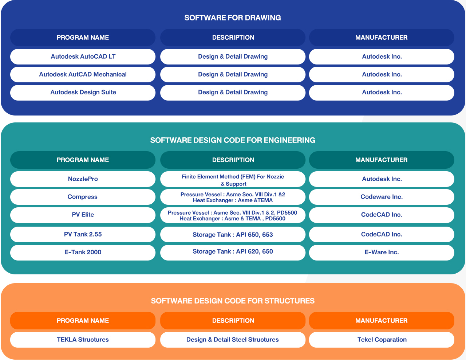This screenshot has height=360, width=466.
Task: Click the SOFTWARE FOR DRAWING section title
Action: (233, 18)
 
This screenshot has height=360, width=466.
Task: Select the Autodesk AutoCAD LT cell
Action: (83, 56)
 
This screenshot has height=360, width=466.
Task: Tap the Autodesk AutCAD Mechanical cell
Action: (83, 74)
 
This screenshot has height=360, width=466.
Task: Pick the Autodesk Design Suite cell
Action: (83, 93)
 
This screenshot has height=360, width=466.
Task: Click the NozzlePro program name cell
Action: (83, 179)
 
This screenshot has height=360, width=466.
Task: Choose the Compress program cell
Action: (83, 197)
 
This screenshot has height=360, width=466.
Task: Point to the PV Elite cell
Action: (83, 215)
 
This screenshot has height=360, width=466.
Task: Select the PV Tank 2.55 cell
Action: (83, 235)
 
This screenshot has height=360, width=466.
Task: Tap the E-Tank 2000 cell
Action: (83, 253)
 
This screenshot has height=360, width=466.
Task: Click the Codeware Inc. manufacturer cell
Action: (382, 197)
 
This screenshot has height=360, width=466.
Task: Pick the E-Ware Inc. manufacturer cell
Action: (382, 253)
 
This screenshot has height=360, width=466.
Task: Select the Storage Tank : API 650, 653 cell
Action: (233, 235)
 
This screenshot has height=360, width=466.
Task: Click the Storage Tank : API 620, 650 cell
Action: (233, 253)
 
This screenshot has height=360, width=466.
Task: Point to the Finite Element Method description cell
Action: (233, 179)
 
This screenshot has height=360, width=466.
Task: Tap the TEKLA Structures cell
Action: (83, 340)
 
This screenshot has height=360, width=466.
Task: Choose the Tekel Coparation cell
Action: (382, 340)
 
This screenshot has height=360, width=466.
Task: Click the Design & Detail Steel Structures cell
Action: (233, 340)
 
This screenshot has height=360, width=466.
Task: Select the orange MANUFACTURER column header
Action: (382, 321)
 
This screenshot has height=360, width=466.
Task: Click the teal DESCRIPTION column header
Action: (233, 160)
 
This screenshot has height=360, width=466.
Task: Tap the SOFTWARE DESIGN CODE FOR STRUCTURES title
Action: (233, 301)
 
